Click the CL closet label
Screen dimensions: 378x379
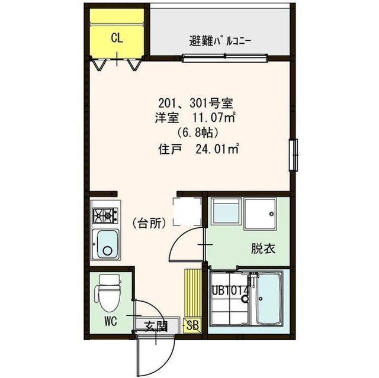[x=117, y=39]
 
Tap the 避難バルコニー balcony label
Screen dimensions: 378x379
[x=220, y=41]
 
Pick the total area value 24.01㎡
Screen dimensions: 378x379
[x=216, y=148]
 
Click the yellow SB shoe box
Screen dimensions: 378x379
[x=192, y=324]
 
